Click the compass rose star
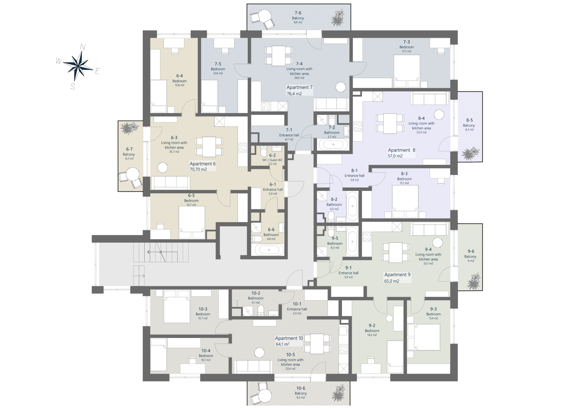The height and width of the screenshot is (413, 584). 78,66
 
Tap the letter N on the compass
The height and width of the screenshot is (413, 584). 83,47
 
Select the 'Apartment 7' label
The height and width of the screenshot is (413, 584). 299,87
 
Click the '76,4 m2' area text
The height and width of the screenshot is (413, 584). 294,94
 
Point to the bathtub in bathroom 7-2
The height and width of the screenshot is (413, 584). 333,144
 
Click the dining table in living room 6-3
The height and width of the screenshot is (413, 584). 209,147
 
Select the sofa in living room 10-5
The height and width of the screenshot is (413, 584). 253,367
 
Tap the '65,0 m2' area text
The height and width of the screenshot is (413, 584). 392,281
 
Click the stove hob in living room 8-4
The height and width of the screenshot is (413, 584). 358,126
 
